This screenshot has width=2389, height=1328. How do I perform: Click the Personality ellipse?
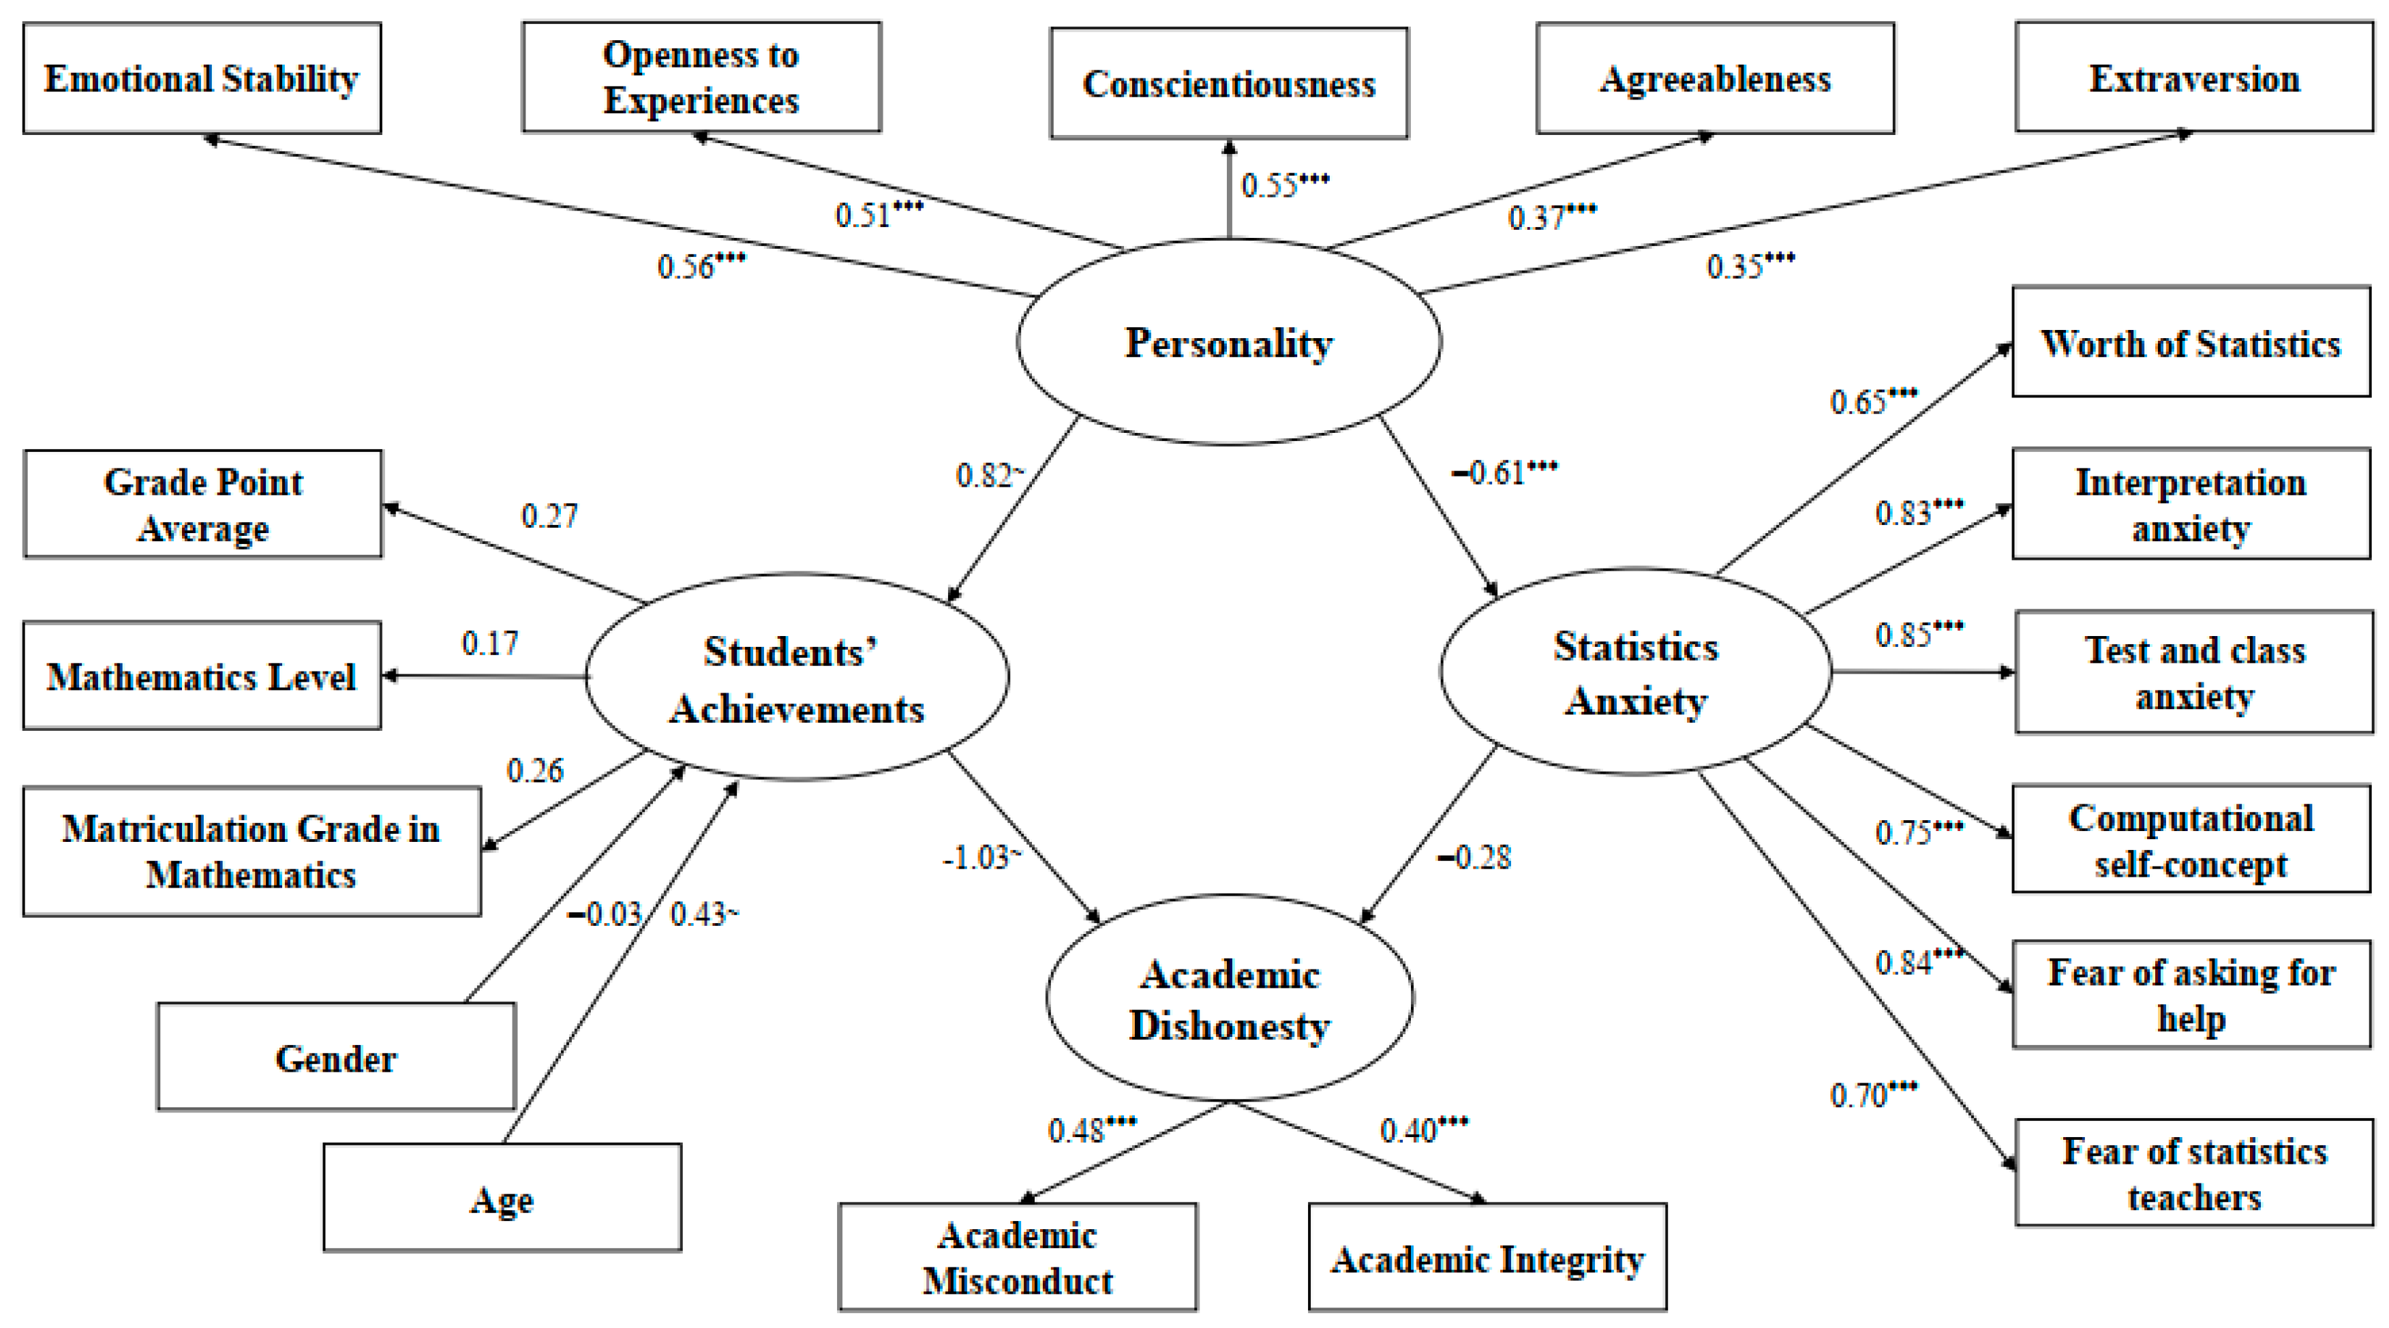point(1229,342)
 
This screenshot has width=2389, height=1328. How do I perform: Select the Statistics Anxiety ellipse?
point(1635,671)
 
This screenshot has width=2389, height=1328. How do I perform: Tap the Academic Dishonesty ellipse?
point(1230,999)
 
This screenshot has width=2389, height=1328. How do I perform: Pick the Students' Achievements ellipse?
point(797,678)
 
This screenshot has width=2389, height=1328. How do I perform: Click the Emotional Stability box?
point(201,79)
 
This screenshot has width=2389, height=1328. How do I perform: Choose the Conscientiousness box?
point(1229,83)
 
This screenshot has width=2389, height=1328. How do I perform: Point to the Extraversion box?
point(2193,79)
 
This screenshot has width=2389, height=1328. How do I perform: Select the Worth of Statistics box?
point(2191,343)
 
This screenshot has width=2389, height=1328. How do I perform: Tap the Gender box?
point(336,1057)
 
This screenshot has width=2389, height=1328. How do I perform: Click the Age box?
point(502,1198)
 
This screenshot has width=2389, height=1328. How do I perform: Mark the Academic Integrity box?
point(1487,1258)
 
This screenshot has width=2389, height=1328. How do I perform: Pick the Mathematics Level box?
point(201,676)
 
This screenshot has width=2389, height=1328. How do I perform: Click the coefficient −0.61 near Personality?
point(1502,473)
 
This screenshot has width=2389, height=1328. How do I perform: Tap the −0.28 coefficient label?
point(1474,858)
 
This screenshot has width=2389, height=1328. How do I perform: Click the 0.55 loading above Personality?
point(1283,185)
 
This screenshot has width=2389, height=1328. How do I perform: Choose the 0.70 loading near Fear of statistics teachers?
point(1872,1096)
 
